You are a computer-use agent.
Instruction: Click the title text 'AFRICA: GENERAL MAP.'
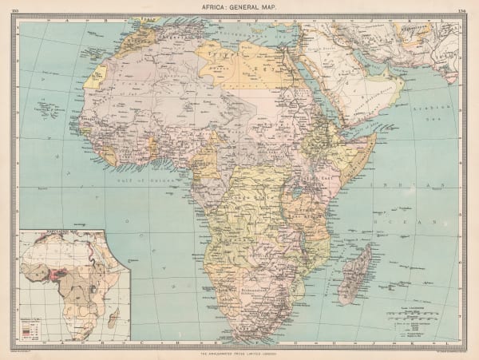(x=239, y=7)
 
